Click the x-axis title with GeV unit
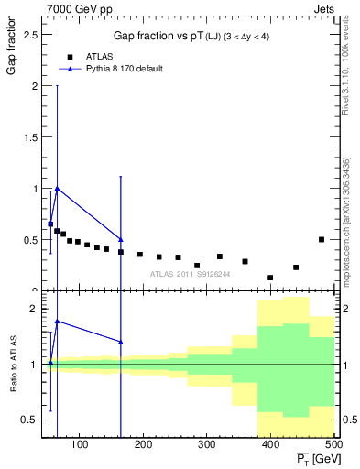coord(313,458)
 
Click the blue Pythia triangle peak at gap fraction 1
coord(58,189)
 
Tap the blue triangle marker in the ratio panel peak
coord(58,322)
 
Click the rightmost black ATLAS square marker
coord(321,239)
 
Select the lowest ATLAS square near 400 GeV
coord(270,278)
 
